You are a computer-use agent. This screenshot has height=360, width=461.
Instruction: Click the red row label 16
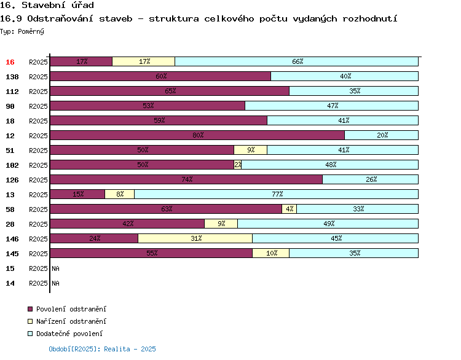click(x=10, y=62)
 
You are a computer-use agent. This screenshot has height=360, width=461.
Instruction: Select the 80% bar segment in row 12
click(x=197, y=135)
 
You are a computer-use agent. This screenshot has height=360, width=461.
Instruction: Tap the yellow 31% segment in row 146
click(x=195, y=238)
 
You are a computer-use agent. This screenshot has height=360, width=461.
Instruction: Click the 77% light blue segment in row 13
click(x=276, y=194)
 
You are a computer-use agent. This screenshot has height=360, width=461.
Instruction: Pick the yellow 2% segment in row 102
click(x=237, y=165)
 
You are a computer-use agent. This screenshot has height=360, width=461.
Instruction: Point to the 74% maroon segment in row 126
click(x=186, y=179)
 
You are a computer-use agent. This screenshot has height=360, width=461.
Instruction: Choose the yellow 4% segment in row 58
click(x=289, y=209)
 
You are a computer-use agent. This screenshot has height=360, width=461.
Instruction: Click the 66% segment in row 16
click(x=296, y=61)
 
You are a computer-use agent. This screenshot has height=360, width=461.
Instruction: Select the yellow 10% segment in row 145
click(x=270, y=253)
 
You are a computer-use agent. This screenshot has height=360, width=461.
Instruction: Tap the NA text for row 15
click(x=55, y=268)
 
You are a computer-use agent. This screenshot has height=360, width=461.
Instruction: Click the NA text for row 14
click(x=55, y=283)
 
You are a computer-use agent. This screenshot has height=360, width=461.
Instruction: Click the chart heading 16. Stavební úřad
click(x=47, y=6)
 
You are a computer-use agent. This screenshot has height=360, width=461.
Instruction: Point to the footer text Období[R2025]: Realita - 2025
click(x=102, y=349)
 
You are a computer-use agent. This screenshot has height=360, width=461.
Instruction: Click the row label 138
click(x=12, y=77)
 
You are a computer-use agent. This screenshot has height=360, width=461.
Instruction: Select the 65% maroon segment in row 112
click(x=169, y=91)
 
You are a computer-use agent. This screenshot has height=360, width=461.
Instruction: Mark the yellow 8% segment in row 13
click(x=119, y=194)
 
